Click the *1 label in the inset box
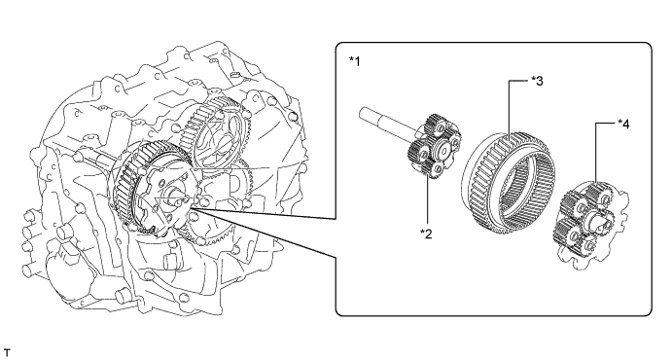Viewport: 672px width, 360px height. click(354, 61)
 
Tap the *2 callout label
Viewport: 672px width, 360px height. click(426, 234)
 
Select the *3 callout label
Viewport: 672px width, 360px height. click(537, 81)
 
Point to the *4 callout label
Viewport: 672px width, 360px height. click(623, 125)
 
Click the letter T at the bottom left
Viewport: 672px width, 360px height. click(6, 353)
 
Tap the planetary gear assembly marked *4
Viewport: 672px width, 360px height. click(591, 225)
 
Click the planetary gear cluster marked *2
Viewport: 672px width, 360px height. click(434, 146)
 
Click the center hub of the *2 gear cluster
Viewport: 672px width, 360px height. click(442, 147)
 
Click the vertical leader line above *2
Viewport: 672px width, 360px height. click(427, 202)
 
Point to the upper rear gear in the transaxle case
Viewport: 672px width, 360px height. click(214, 128)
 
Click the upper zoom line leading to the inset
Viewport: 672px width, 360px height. click(264, 213)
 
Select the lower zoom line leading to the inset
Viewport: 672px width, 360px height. click(264, 234)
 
